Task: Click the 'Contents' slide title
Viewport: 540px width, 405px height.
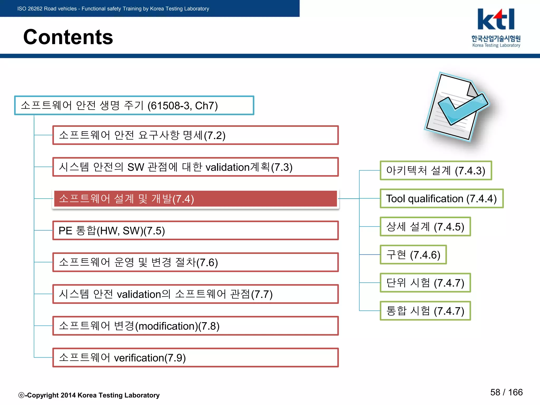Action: [x=68, y=37]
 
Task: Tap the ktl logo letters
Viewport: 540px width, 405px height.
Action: [x=496, y=20]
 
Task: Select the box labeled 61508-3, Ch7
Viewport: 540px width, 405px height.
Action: [x=134, y=105]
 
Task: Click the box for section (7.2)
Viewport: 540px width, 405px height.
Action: [x=195, y=135]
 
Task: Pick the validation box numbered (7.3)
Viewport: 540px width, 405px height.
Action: [x=195, y=167]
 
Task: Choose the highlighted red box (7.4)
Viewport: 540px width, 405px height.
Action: [x=195, y=199]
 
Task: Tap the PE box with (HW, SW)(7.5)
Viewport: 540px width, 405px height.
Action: [x=195, y=231]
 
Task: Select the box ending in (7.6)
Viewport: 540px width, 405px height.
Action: [x=195, y=262]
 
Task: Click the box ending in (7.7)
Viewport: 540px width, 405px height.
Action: [x=195, y=294]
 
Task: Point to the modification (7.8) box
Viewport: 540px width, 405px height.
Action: [x=195, y=326]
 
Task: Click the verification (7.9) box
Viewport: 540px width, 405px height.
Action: [x=195, y=358]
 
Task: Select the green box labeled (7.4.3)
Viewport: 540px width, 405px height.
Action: [x=436, y=171]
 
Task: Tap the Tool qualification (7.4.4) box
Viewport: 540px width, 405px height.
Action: [x=441, y=199]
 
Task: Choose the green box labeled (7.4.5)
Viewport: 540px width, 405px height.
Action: [x=425, y=227]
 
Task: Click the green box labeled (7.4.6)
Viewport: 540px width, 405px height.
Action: [x=413, y=255]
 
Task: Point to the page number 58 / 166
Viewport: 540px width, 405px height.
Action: [x=506, y=392]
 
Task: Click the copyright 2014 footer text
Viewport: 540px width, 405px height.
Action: [x=89, y=395]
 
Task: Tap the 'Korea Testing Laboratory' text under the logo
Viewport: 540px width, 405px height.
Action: [x=496, y=45]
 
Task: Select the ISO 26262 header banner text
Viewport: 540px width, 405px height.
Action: [x=113, y=9]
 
